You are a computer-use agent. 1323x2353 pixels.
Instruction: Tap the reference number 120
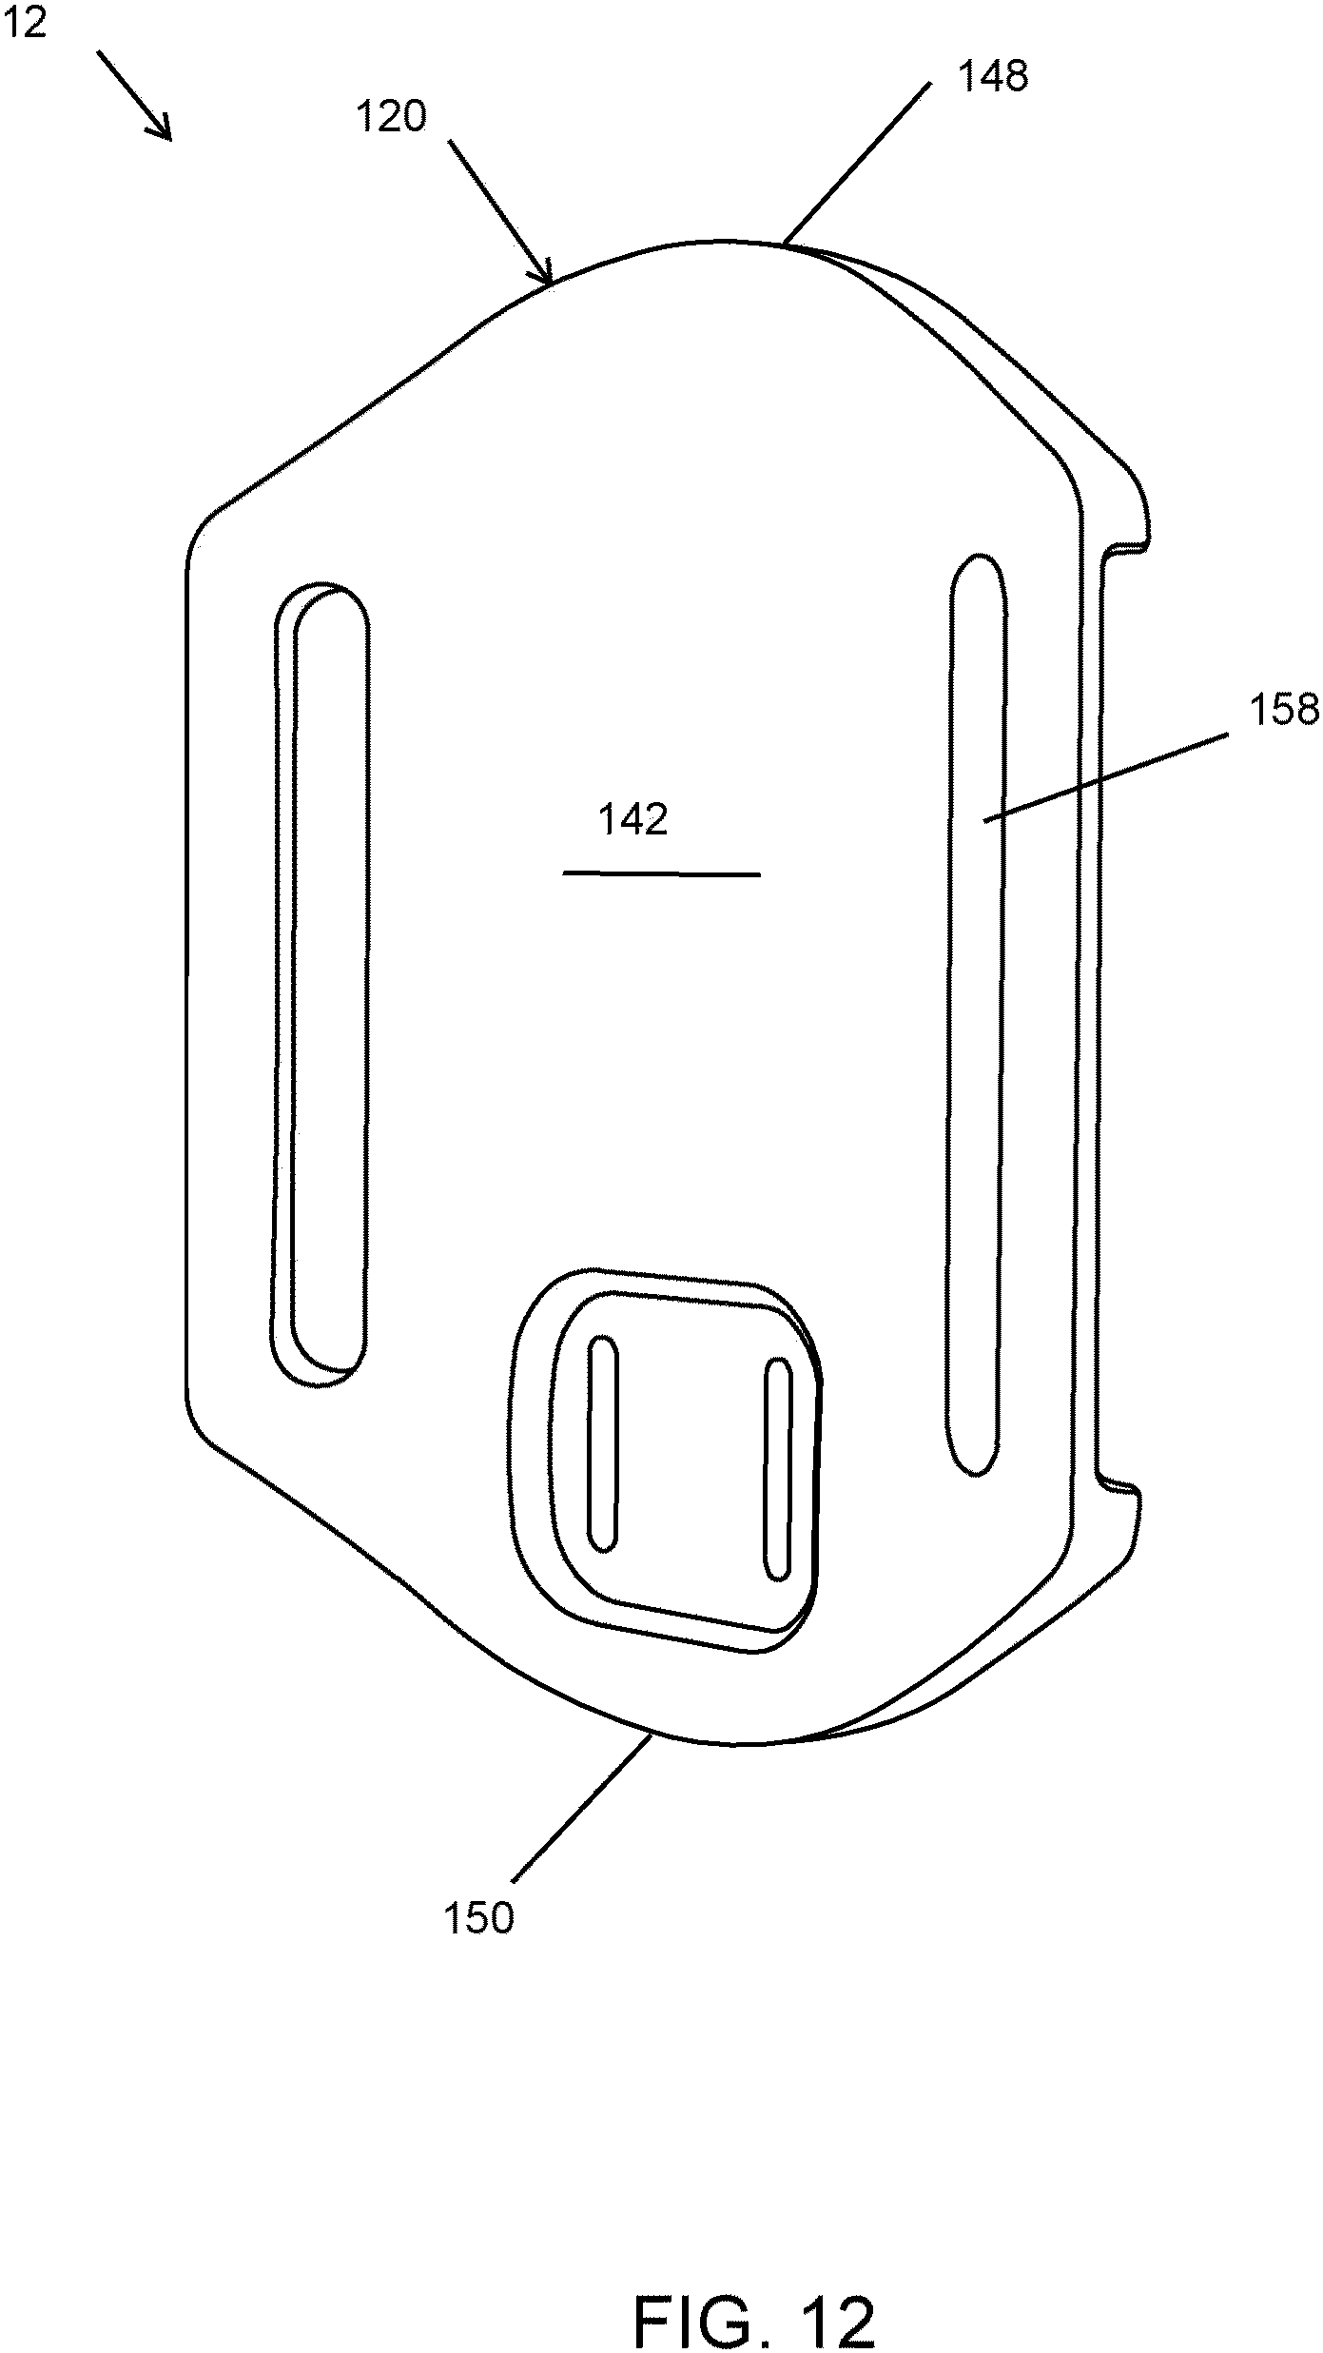[x=391, y=117]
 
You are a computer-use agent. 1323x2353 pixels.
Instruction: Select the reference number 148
[x=992, y=77]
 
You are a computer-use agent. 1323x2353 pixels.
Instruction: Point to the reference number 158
[x=1285, y=711]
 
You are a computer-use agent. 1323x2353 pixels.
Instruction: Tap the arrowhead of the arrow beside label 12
[x=160, y=127]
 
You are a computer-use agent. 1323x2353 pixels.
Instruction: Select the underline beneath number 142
[x=662, y=873]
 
